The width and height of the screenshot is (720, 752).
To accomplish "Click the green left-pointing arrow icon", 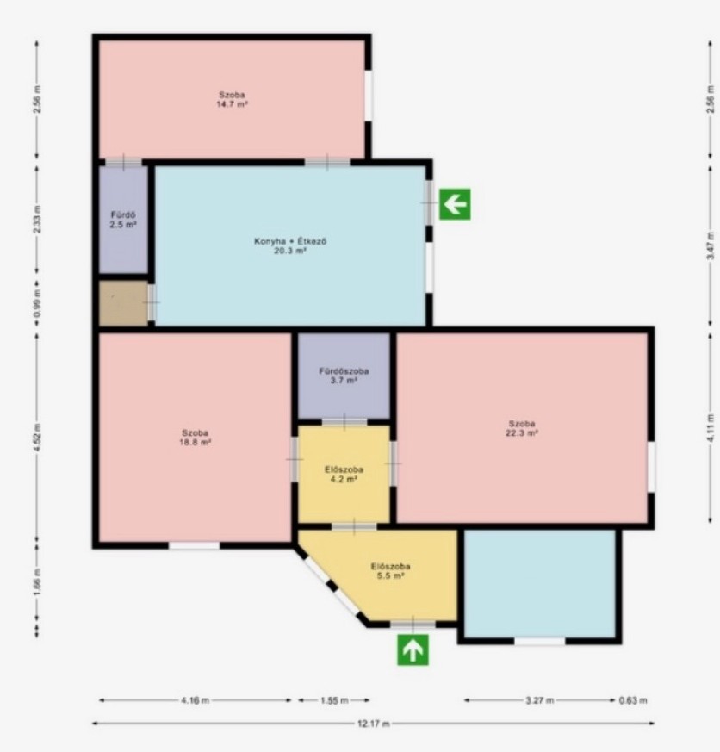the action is [455, 204].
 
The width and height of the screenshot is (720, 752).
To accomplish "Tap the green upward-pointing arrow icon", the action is [413, 649].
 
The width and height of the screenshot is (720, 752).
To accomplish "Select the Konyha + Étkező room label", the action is [290, 241].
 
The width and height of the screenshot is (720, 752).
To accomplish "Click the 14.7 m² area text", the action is [232, 104].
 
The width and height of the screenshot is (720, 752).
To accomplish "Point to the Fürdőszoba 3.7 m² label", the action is [344, 376].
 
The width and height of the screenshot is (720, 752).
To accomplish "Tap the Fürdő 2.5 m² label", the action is [123, 220].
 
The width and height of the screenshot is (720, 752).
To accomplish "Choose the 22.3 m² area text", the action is [522, 432].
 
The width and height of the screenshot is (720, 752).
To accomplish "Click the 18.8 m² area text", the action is [196, 442].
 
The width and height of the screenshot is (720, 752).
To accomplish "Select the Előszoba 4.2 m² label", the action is [344, 475].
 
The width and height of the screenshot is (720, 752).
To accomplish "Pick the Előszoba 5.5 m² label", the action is [390, 571].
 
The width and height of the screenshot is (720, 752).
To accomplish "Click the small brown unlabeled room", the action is [124, 303].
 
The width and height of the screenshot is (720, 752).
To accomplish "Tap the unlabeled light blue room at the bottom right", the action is [540, 584].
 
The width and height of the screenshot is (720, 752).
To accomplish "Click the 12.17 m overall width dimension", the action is [374, 724].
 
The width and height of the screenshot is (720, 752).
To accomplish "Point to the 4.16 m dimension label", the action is [196, 700].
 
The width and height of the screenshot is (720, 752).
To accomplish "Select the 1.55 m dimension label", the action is [334, 700].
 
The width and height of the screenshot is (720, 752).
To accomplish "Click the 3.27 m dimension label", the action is [540, 700].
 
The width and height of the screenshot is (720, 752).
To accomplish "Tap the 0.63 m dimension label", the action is [633, 700].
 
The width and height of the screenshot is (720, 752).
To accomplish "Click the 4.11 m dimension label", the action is [711, 428].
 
